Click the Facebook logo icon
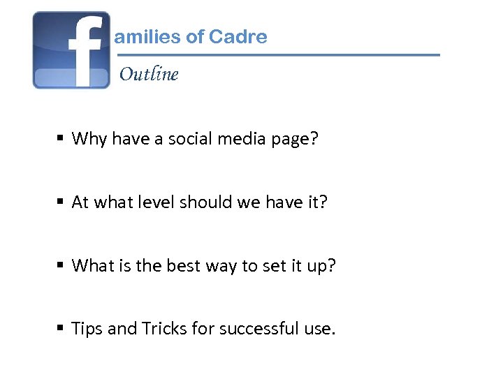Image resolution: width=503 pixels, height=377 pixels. click(x=71, y=50)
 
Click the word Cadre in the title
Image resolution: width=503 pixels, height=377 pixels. click(x=238, y=37)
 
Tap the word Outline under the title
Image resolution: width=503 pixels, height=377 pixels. click(x=149, y=74)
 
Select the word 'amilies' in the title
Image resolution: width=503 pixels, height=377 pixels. click(x=147, y=37)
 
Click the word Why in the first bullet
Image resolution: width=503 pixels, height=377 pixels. click(x=89, y=139)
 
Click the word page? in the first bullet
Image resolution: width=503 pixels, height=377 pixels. click(x=294, y=140)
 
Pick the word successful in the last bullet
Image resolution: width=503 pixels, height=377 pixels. click(x=258, y=329)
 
